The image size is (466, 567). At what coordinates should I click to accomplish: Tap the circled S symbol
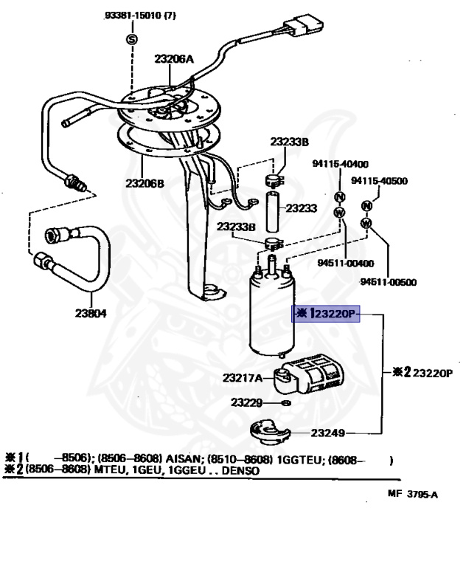click(x=132, y=38)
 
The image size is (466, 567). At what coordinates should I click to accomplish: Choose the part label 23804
click(x=90, y=312)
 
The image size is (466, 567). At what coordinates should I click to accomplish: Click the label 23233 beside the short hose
click(x=301, y=209)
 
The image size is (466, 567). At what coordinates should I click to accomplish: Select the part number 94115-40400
click(x=341, y=164)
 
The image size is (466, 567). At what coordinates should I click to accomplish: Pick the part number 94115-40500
click(x=379, y=180)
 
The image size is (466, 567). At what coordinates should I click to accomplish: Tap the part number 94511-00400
click(x=346, y=263)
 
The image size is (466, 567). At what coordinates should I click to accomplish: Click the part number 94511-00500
click(x=389, y=281)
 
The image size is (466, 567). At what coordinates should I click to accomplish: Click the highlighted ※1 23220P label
click(x=326, y=315)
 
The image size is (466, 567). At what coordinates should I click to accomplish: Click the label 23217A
click(x=243, y=378)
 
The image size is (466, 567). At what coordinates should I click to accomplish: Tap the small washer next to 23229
click(x=286, y=403)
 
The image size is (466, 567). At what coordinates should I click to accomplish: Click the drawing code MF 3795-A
click(x=411, y=495)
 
